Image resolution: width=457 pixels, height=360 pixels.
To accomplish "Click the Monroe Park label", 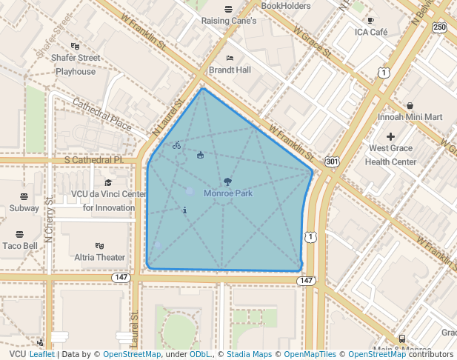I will [228, 193].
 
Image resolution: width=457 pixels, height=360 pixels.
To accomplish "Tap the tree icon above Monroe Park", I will [227, 181].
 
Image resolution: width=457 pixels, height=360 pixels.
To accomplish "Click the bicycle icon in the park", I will [176, 145].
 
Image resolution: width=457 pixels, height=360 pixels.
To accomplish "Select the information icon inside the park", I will [184, 210].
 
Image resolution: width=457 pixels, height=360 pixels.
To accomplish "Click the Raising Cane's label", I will [229, 21].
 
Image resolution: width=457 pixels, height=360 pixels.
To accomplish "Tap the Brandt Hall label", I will [230, 70].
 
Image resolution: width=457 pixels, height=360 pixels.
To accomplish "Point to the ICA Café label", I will [371, 33].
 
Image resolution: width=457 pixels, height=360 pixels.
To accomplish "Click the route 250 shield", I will [440, 27].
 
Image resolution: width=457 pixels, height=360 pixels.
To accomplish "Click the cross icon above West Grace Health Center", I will [390, 136].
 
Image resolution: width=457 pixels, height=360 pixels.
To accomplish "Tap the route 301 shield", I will [332, 161].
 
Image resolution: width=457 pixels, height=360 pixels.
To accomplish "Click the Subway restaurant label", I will [24, 208].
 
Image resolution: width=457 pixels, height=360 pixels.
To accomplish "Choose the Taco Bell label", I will [20, 246].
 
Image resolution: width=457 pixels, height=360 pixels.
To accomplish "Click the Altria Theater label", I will [100, 257].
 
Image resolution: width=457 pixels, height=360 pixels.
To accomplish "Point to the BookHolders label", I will [286, 6].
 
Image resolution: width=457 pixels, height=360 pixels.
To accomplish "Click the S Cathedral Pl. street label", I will [93, 159].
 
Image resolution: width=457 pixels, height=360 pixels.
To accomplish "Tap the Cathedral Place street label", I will [101, 112].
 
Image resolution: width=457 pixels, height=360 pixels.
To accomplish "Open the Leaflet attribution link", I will [41, 354].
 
